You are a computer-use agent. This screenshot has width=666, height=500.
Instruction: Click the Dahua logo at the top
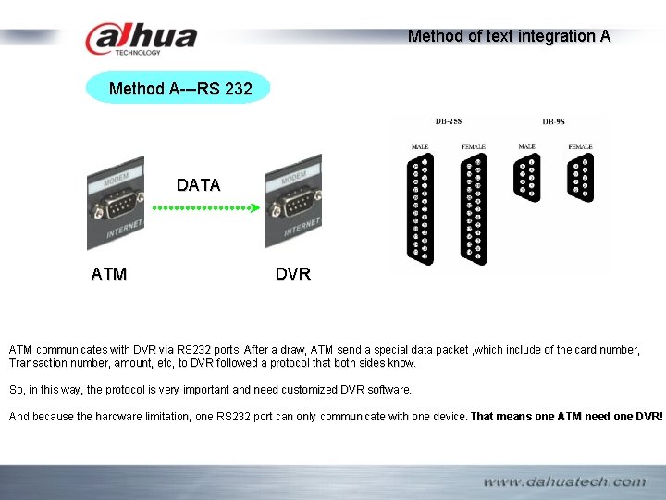tap(141, 39)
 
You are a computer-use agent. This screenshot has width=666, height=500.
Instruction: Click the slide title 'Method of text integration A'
tap(509, 36)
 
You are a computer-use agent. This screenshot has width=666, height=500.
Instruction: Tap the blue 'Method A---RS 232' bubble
tap(178, 89)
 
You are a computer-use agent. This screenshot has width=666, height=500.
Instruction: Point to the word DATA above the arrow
tap(199, 185)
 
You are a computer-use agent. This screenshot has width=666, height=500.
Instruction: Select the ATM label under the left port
tap(109, 274)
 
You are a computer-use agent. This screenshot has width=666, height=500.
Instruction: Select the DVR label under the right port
tap(293, 274)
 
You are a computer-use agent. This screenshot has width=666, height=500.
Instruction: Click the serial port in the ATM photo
tap(118, 204)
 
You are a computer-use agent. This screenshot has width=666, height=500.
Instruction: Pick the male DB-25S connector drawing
tap(421, 209)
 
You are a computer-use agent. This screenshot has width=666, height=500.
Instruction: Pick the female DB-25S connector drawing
tap(474, 209)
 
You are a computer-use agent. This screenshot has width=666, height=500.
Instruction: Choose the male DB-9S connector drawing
tap(528, 179)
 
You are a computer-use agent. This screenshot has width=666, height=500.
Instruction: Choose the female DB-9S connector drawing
tap(582, 179)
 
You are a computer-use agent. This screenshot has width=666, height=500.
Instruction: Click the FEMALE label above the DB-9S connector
tap(581, 146)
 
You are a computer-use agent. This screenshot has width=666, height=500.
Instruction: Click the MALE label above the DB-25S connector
tap(420, 146)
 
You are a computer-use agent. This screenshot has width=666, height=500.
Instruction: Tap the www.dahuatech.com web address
tap(564, 481)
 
